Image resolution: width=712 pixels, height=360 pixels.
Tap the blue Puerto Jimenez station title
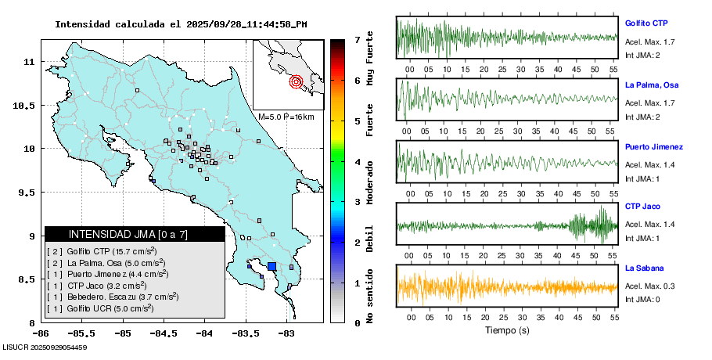pyautogui.click(x=654, y=146)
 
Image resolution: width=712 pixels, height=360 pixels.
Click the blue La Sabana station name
pyautogui.click(x=643, y=268)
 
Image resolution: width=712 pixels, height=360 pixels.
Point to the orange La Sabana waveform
pyautogui.click(x=507, y=286)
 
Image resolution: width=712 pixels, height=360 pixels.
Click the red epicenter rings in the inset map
pyautogui.click(x=296, y=81)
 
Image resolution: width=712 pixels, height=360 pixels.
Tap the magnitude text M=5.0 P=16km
pyautogui.click(x=286, y=117)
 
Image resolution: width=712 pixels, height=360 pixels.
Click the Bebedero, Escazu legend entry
pyautogui.click(x=114, y=297)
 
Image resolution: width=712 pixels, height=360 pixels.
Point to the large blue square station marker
pyautogui.click(x=272, y=266)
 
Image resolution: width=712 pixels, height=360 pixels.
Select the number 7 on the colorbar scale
pyautogui.click(x=357, y=39)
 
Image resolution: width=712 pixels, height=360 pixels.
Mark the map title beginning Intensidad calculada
pyautogui.click(x=181, y=24)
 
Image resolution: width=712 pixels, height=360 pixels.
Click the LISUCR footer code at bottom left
pyautogui.click(x=45, y=347)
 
